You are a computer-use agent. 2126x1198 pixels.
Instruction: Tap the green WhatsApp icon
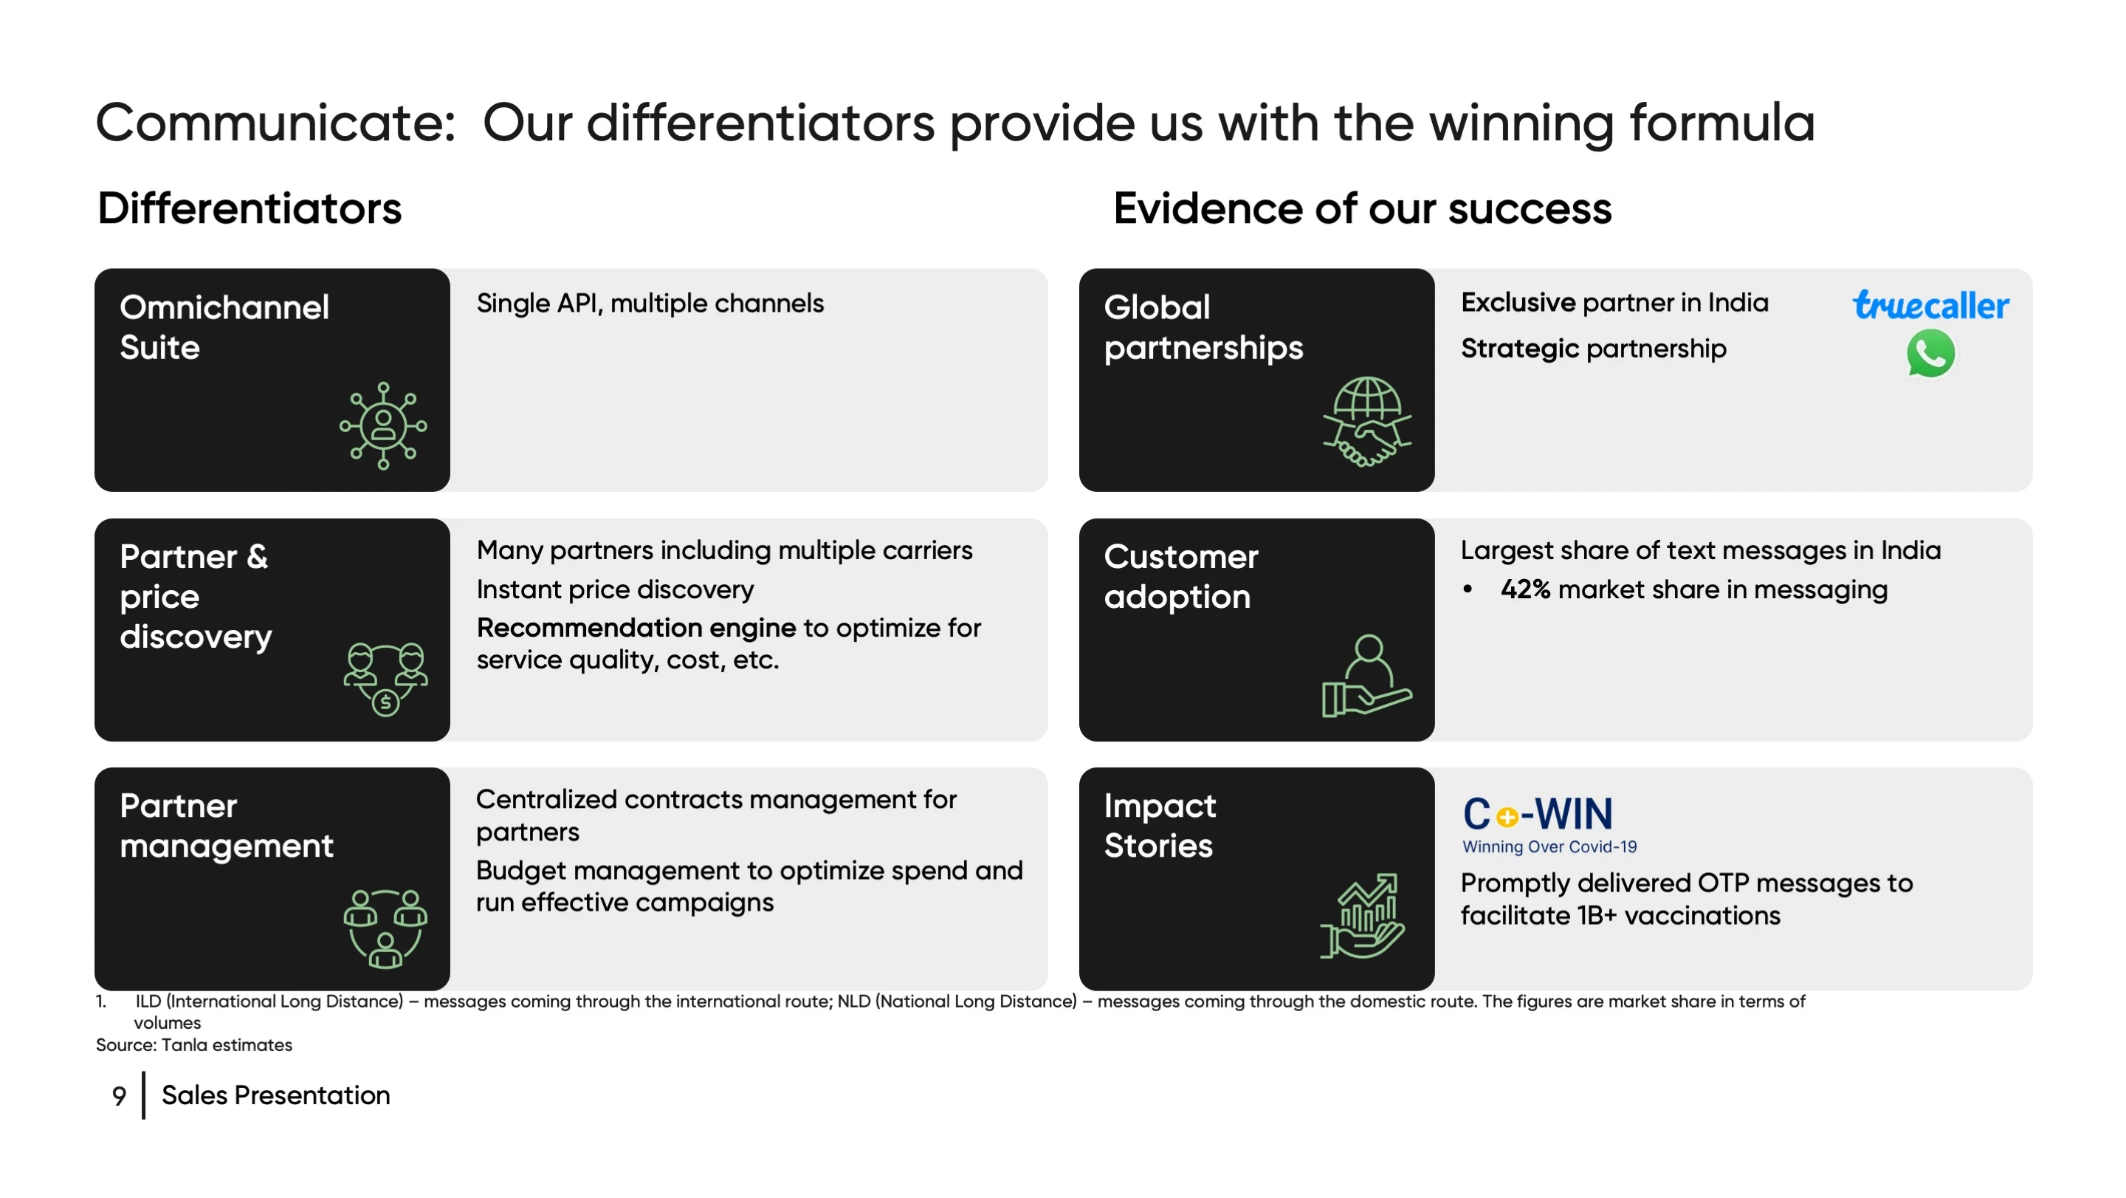click(x=1930, y=353)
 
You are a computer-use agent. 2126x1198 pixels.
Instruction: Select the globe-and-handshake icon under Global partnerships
click(x=1366, y=422)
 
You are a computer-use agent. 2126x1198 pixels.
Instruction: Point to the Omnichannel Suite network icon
click(x=383, y=426)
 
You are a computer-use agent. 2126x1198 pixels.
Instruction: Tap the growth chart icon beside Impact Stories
click(x=1362, y=916)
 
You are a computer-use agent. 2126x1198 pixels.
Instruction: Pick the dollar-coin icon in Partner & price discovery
click(x=385, y=702)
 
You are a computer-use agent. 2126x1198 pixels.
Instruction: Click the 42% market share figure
click(x=1524, y=589)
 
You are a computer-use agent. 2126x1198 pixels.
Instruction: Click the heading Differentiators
click(x=250, y=208)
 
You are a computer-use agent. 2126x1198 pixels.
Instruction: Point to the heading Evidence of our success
click(x=1362, y=208)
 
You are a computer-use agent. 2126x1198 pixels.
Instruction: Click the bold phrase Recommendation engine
click(x=636, y=629)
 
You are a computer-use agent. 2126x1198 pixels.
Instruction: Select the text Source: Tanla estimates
click(x=194, y=1044)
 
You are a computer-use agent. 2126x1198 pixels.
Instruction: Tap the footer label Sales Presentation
click(x=275, y=1095)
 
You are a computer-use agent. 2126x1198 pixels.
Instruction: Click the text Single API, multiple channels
click(x=650, y=303)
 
